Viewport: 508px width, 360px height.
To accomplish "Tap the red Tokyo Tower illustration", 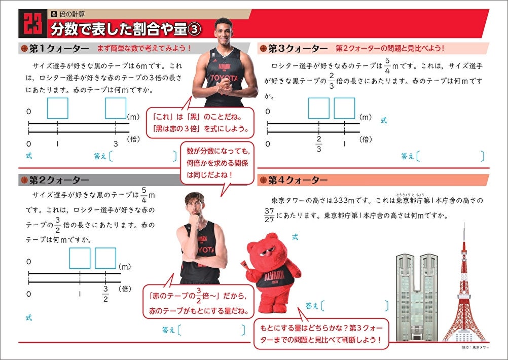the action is point(464,289).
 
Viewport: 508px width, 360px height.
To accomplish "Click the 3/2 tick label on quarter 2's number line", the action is point(105,294).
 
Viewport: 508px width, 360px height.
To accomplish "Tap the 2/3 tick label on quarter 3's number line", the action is point(318,143).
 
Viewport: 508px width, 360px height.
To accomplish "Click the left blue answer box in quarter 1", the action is point(57,107).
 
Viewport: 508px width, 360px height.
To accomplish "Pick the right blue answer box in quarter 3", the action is point(344,108).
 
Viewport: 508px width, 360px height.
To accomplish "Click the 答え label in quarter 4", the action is point(312,306).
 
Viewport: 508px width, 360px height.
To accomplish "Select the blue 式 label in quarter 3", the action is point(384,120).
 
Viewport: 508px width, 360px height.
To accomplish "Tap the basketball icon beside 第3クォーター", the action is point(263,49).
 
